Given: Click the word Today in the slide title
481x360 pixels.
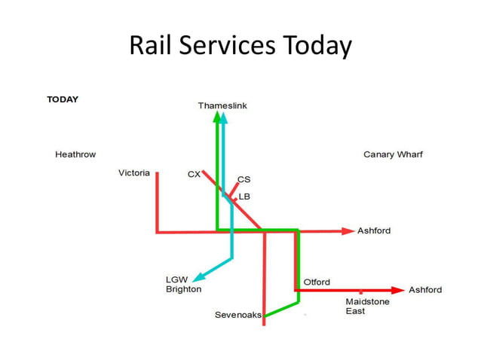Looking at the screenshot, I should point(315,47).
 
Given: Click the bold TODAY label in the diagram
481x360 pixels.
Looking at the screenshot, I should point(63,99).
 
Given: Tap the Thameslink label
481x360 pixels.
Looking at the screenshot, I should point(222,105).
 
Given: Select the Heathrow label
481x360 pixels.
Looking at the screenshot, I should point(75,154).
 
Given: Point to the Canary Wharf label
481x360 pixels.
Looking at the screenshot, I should point(393,154).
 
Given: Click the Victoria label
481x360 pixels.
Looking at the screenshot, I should point(134,172).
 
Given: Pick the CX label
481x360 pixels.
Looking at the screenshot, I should point(194,175).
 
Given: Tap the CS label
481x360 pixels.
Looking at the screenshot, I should point(244,179).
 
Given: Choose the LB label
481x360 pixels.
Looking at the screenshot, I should point(244,197).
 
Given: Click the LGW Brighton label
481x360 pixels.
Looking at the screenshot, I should point(183,284).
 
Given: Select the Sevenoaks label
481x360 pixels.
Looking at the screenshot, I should point(237,315).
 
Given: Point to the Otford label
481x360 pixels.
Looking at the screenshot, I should point(317,282).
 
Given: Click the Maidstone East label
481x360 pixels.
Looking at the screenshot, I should point(367,307).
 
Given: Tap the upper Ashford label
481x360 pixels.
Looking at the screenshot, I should point(374,230).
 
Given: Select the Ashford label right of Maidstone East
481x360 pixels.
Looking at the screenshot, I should point(425,290).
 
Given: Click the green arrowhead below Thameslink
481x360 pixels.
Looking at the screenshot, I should point(217,117).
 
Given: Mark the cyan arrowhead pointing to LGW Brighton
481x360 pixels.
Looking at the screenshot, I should point(198,276).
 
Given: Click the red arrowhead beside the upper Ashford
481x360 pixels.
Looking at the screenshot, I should point(348,230).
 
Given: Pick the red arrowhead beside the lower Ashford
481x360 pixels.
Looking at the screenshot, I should point(399,289).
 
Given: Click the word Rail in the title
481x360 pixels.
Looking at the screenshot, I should point(148,47).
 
